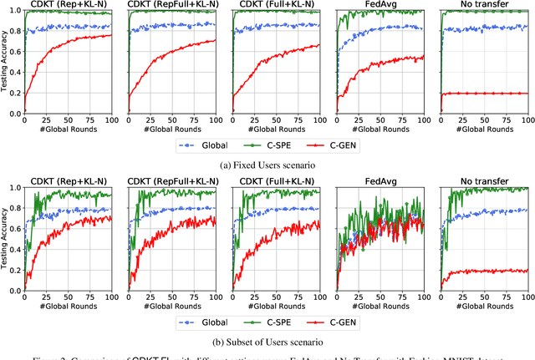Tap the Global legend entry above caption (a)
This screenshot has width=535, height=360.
pos(216,145)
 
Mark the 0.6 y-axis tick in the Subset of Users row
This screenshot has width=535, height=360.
pos(13,229)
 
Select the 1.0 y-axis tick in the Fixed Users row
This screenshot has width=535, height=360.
pos(13,11)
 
